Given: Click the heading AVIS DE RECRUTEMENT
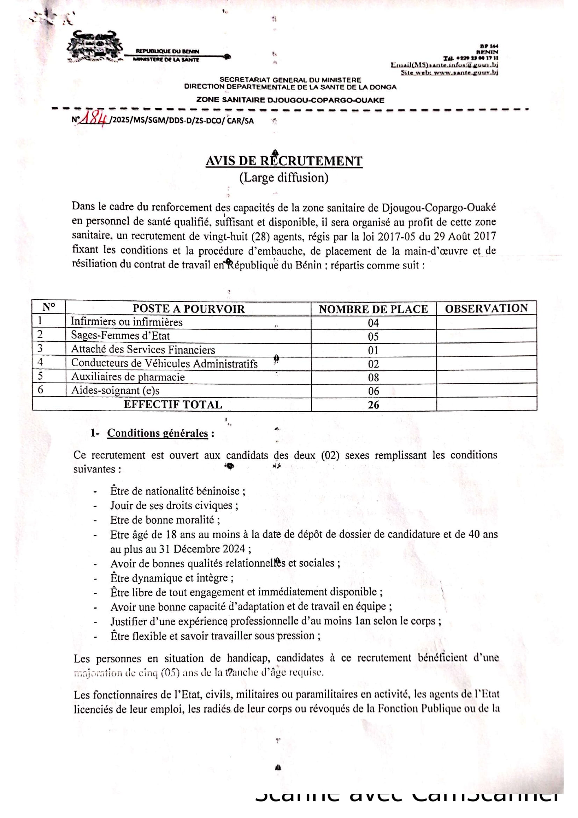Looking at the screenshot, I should tap(284, 161).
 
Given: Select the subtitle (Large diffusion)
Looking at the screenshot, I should tap(284, 177).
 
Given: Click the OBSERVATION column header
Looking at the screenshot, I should tap(486, 308).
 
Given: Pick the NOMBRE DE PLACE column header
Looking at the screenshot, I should tap(373, 309).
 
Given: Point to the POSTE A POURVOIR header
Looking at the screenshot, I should tap(188, 309).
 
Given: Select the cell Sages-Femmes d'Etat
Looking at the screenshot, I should tap(120, 336).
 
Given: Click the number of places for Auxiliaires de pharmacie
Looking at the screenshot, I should tap(373, 377).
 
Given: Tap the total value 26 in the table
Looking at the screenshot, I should tap(373, 405).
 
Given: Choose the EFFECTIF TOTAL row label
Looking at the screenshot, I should tap(173, 405).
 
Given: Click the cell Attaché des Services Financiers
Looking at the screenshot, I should tap(143, 349).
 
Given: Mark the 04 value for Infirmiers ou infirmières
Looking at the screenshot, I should tap(373, 323).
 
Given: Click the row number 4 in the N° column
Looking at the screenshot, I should tap(40, 362).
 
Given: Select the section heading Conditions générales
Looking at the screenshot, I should tap(157, 433).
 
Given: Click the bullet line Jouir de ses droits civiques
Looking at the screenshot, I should tap(174, 506).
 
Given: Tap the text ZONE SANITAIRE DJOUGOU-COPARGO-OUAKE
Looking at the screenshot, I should tap(290, 100).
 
